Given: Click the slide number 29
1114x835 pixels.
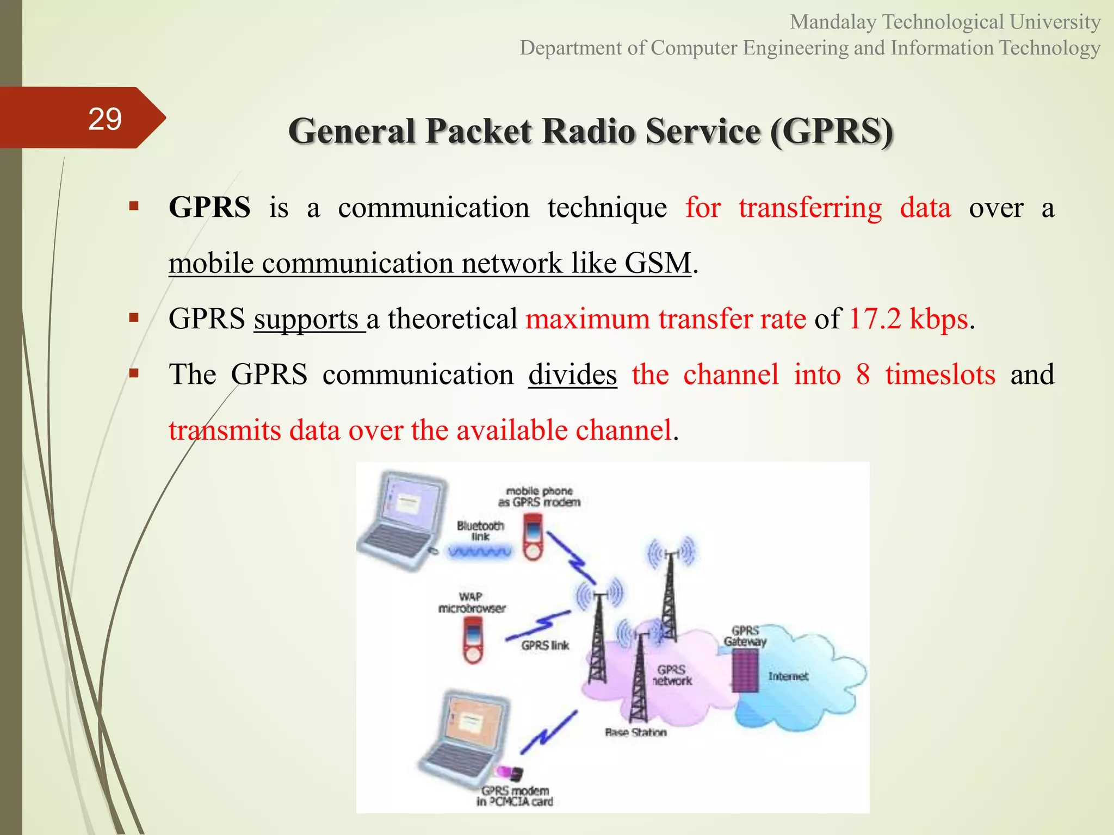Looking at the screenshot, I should tap(104, 119).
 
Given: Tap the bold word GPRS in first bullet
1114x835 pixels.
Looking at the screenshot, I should tap(209, 208).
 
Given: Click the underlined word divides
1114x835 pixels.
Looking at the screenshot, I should tap(572, 375).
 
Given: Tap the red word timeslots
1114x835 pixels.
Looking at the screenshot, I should tap(940, 375).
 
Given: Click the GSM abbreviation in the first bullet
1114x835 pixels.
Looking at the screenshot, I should tap(658, 263).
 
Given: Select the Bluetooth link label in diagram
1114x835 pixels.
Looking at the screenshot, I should tap(480, 531).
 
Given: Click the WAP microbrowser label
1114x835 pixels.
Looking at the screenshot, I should tap(472, 602).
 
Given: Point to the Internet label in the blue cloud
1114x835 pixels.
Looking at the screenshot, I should tap(788, 676).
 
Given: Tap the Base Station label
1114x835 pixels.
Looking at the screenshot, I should tap(635, 732).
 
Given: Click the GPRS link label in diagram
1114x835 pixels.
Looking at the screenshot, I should tap(544, 645).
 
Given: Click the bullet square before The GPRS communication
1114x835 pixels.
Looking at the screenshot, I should tap(134, 373).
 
